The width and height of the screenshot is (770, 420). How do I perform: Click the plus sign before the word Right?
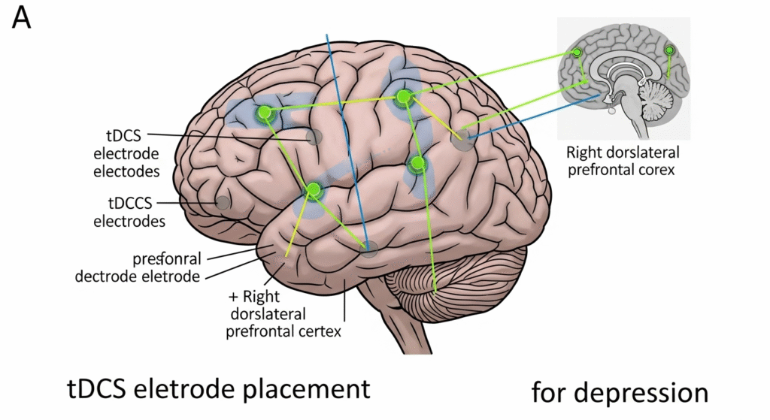point(233,296)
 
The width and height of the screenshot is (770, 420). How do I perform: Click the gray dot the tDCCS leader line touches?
point(223,202)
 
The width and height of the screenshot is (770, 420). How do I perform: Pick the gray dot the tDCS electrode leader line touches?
point(315,137)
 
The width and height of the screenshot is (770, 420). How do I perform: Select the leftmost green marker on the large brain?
point(264,113)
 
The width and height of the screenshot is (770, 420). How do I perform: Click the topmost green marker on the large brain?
point(404,96)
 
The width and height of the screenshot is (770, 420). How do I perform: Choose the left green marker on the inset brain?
point(577,53)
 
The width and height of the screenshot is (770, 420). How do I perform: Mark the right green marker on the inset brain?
point(669,51)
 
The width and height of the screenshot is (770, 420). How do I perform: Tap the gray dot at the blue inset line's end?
point(465,139)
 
